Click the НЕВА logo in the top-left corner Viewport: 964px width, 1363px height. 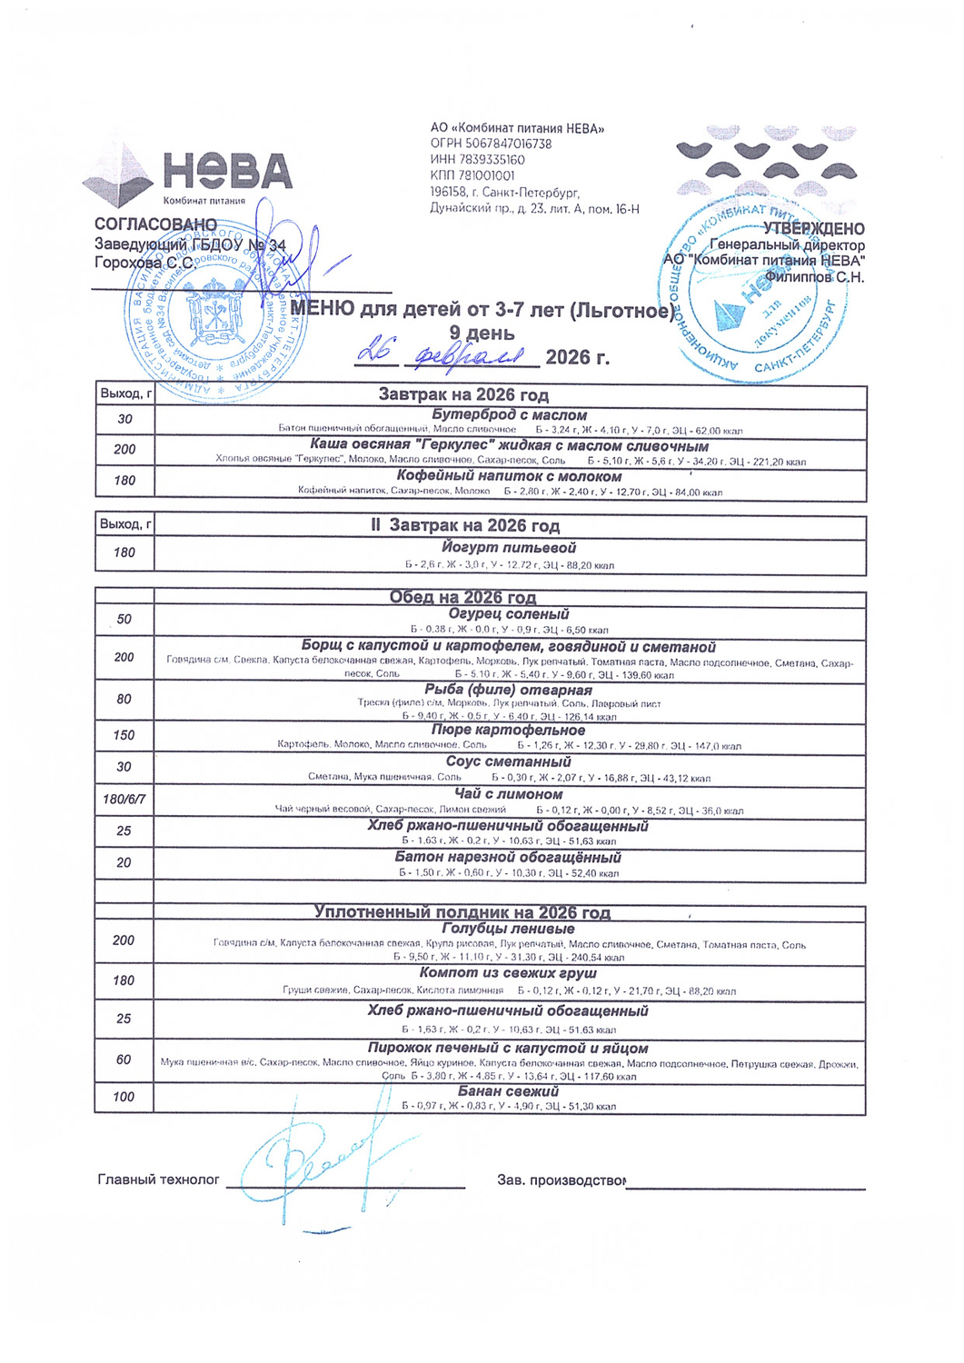(188, 174)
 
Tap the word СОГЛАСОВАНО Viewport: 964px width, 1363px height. (155, 224)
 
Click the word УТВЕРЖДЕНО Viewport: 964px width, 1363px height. (813, 229)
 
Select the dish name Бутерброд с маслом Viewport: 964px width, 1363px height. (509, 415)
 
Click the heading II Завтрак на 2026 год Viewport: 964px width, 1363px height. (465, 525)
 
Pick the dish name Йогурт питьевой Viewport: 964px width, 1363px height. (509, 548)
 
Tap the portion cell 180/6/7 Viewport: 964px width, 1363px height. (124, 800)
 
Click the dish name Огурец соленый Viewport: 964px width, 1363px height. (509, 614)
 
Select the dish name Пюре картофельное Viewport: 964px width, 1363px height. (508, 730)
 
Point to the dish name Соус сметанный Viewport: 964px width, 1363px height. (508, 761)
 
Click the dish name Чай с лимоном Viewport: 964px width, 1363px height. (509, 794)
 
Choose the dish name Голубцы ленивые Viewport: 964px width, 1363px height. (508, 929)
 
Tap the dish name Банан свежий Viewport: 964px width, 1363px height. (508, 1090)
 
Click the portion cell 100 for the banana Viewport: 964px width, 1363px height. (124, 1097)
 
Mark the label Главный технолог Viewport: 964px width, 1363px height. (158, 1179)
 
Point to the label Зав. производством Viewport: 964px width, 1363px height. (561, 1179)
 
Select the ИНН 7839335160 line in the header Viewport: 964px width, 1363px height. (477, 160)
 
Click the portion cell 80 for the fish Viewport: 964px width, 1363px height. (124, 699)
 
